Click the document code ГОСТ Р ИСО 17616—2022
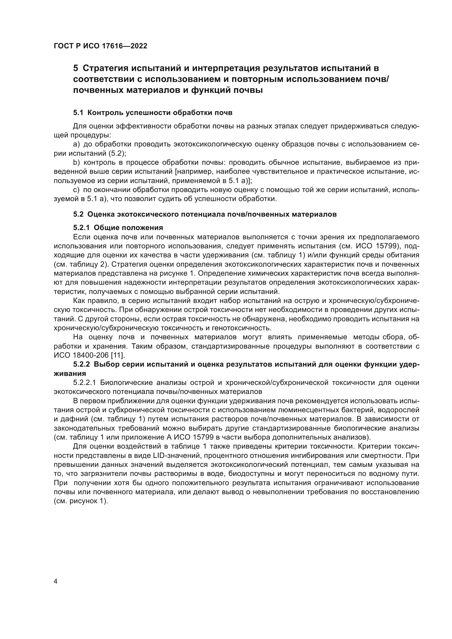coord(101,46)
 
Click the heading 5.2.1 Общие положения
coord(118,228)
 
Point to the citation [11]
coord(118,355)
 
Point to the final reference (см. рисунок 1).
coord(81,501)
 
